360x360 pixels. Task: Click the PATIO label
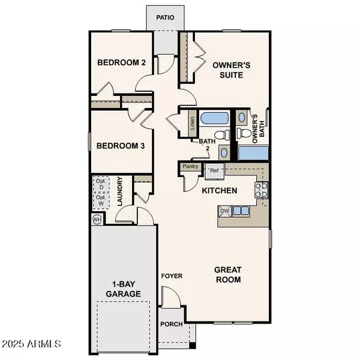[166, 17]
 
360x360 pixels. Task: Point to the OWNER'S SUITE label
[227, 70]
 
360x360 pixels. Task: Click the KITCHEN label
[219, 190]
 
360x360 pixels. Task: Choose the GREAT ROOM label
[228, 274]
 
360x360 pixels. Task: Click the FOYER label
[172, 276]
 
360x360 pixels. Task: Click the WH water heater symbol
[97, 220]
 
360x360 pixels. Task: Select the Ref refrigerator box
[214, 171]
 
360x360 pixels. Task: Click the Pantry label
[190, 166]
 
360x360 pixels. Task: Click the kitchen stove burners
[262, 191]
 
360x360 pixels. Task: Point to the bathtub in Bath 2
[214, 118]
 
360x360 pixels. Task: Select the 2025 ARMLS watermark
[31, 344]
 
